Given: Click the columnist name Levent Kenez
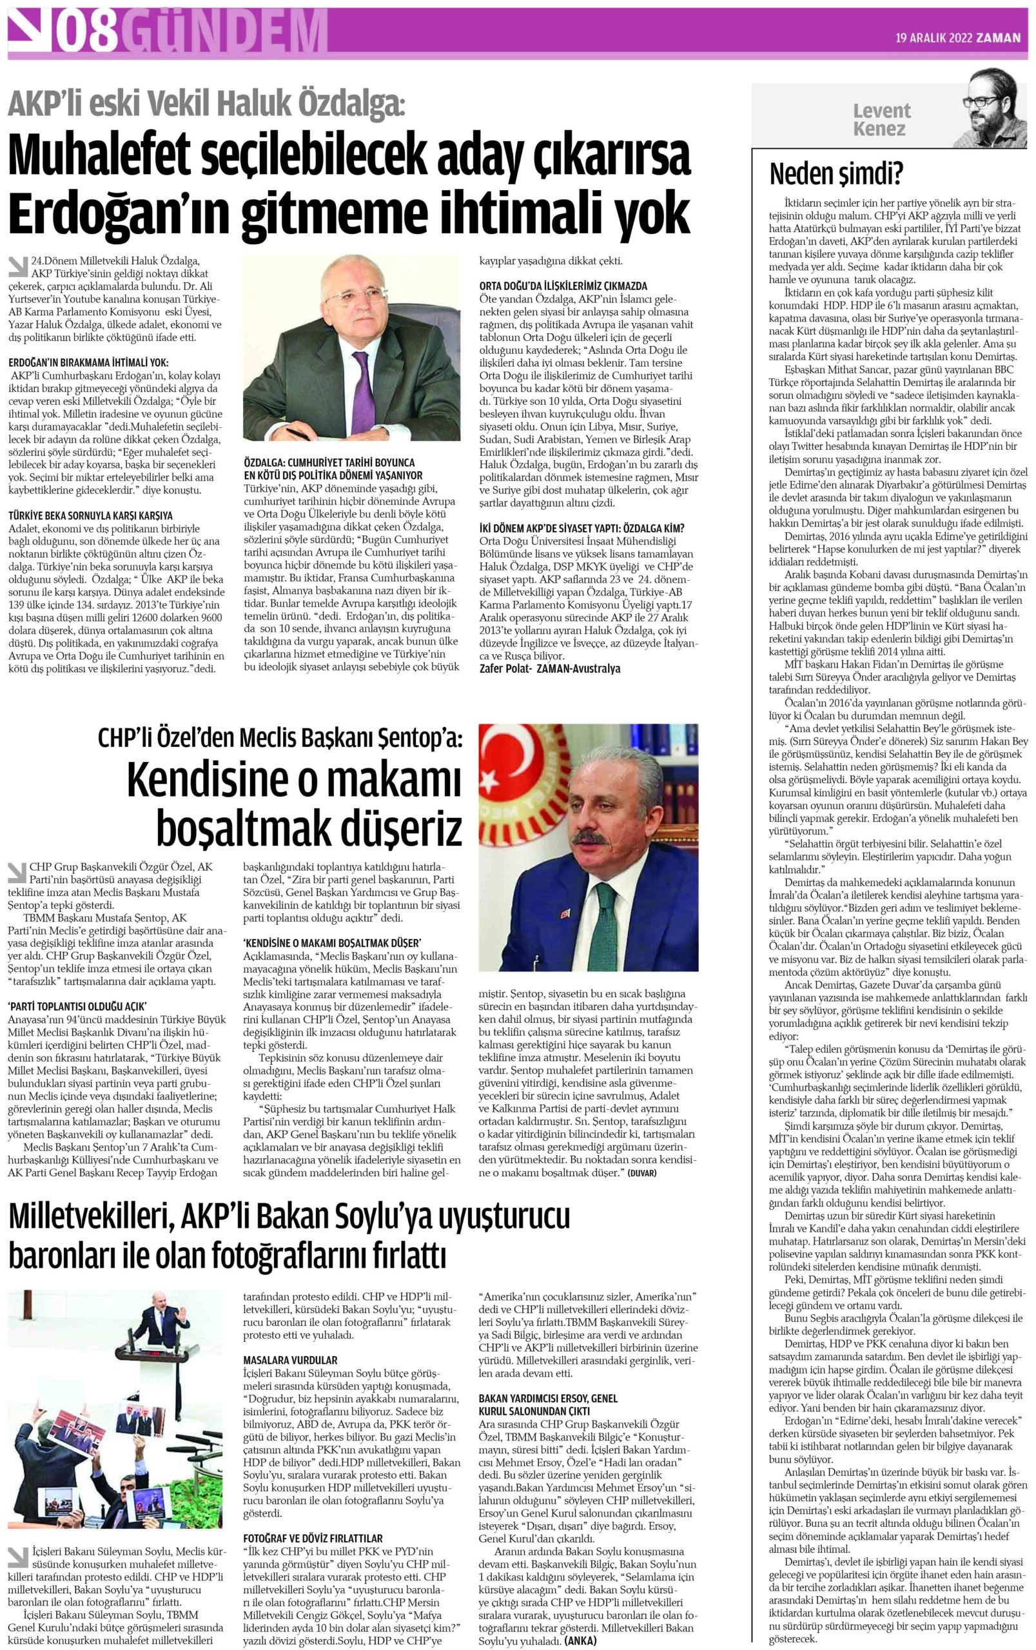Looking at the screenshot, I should click(881, 119).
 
